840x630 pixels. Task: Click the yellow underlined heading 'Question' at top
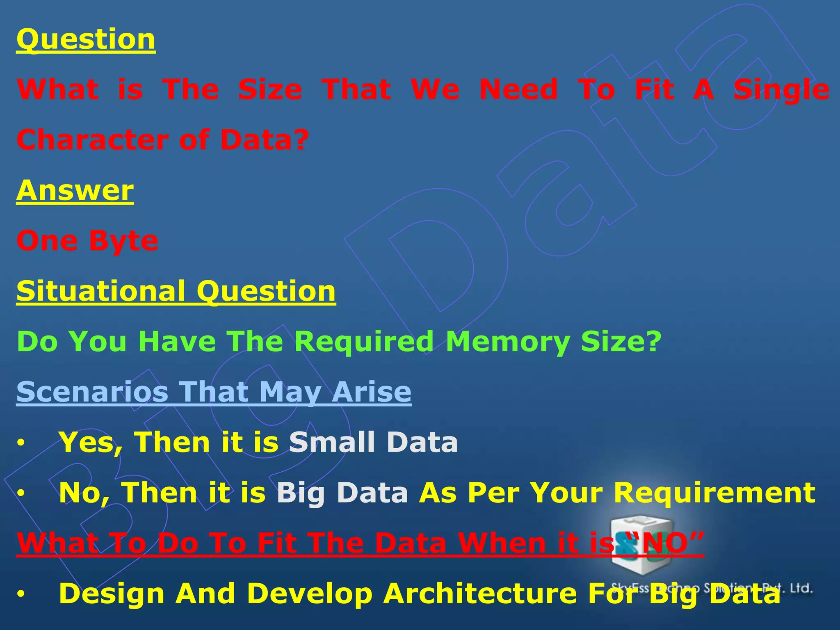coord(86,40)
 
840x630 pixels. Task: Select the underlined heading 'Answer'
coord(75,191)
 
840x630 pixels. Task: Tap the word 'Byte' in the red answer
coord(123,241)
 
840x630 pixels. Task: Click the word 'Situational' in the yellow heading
coord(100,291)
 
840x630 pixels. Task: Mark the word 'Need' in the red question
coord(518,90)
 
